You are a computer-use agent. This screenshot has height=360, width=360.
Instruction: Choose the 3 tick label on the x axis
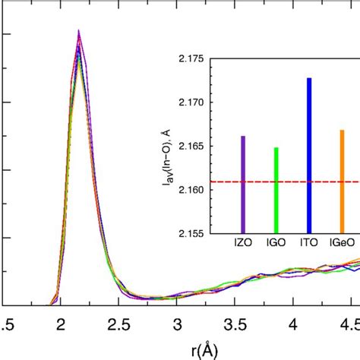[176, 324]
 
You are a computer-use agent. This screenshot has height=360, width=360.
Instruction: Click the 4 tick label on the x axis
[294, 324]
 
